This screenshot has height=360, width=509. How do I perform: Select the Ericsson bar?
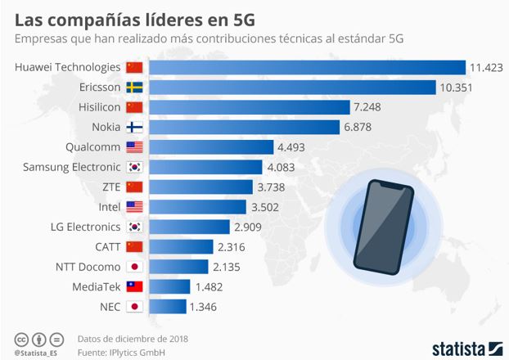coord(292,87)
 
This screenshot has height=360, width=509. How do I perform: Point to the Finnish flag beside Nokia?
coord(135,127)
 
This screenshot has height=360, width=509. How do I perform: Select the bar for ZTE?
coord(201,187)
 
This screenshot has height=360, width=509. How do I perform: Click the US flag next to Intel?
coord(135,207)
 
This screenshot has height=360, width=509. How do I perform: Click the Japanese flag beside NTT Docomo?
coord(135,267)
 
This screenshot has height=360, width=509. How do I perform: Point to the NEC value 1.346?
coord(205,307)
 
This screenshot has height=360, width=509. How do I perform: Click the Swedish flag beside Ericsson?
coord(135,87)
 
